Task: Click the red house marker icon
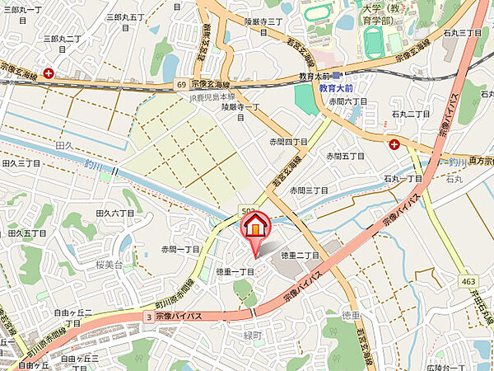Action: pos(256,226)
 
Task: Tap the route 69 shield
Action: pos(180,84)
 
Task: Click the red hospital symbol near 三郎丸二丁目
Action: pos(50,73)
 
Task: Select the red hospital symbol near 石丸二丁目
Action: pos(394,144)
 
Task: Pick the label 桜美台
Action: pos(109,265)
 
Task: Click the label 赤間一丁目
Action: pos(181,248)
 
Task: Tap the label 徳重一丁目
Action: pos(236,271)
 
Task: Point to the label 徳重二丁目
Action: pos(300,256)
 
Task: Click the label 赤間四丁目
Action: pos(287,142)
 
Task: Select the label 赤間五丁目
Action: pos(345,155)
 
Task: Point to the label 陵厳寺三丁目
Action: pos(263,22)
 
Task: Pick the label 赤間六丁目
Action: pos(347,101)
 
